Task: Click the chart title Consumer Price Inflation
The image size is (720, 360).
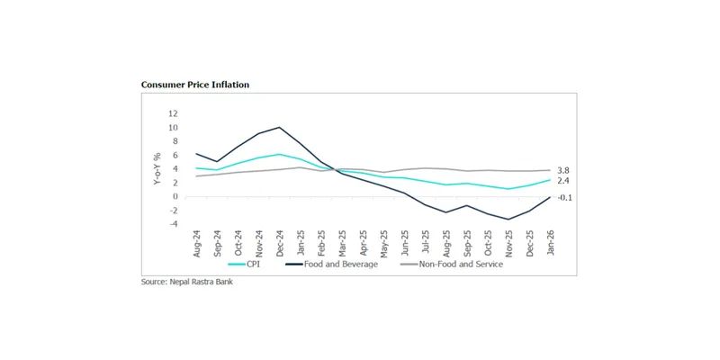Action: [195, 85]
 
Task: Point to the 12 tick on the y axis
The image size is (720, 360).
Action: [173, 114]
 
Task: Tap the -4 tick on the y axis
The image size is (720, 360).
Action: [173, 224]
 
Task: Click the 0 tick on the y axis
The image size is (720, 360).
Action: [175, 197]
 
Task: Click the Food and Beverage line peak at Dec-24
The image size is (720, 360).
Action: [280, 127]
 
